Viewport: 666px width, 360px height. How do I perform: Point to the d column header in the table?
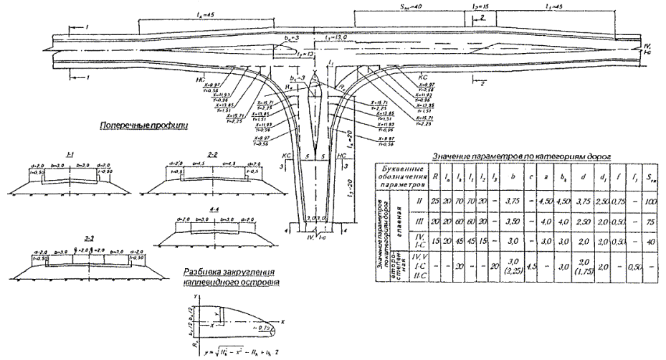coord(581,174)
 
